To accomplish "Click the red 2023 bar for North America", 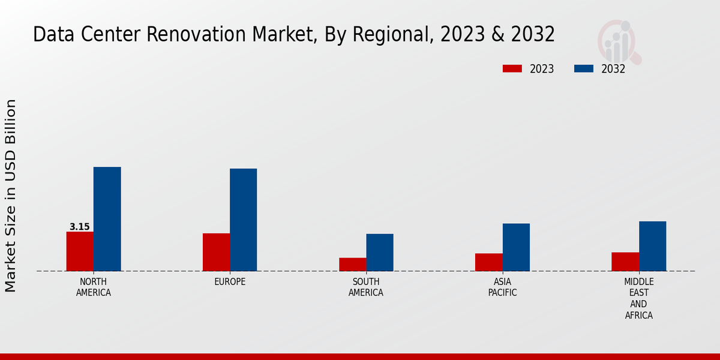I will pyautogui.click(x=80, y=251).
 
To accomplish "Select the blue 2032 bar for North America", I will pyautogui.click(x=107, y=219).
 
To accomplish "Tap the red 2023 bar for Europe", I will pyautogui.click(x=216, y=252).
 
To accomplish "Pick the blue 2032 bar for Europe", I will pyautogui.click(x=243, y=220).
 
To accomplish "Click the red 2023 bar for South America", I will pyautogui.click(x=352, y=264).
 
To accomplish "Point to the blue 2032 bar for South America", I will pyautogui.click(x=380, y=252).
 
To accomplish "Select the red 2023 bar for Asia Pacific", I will pyautogui.click(x=488, y=262).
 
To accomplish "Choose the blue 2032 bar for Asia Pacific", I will pyautogui.click(x=516, y=247).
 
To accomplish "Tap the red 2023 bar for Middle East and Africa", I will pyautogui.click(x=625, y=262).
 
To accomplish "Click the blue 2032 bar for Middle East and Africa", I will pyautogui.click(x=652, y=246).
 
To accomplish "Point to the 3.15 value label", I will pyautogui.click(x=80, y=227).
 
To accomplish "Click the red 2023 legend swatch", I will pyautogui.click(x=512, y=68).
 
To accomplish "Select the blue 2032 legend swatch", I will pyautogui.click(x=583, y=68).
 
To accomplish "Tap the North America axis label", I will pyautogui.click(x=94, y=287).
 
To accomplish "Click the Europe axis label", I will pyautogui.click(x=230, y=282).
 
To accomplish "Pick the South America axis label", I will pyautogui.click(x=366, y=287).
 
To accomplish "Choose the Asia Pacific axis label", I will pyautogui.click(x=502, y=287).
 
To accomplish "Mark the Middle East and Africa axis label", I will pyautogui.click(x=638, y=298).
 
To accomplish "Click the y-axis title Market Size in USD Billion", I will pyautogui.click(x=11, y=196).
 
